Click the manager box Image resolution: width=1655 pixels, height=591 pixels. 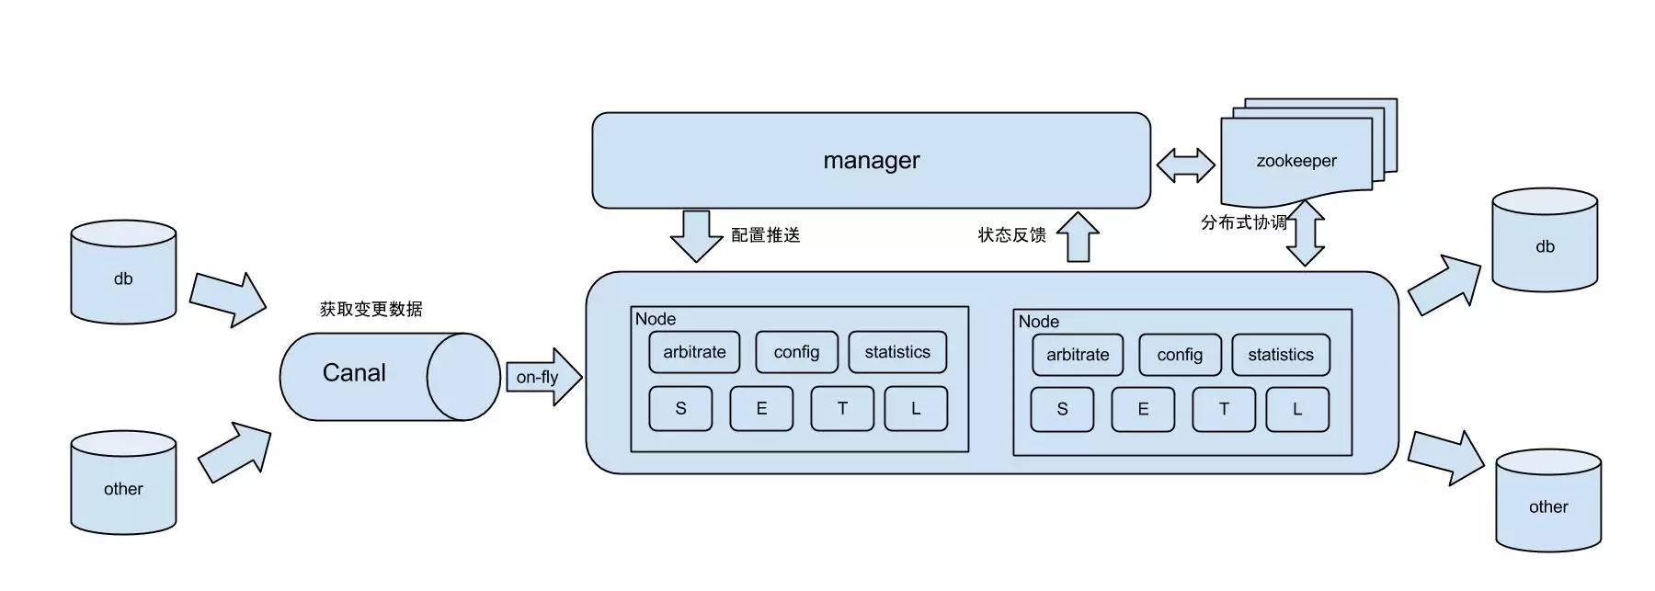tap(871, 161)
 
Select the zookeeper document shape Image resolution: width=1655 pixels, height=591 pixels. tap(1295, 162)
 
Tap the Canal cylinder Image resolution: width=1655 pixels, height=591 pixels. tap(368, 375)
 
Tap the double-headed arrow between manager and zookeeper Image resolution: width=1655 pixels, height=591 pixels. tap(1185, 165)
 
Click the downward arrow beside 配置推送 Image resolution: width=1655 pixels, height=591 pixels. tap(697, 235)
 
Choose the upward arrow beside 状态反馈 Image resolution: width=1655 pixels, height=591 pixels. tap(1078, 236)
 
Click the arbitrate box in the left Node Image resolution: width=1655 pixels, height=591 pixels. tap(694, 352)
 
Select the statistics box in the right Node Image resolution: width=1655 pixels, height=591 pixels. tap(1280, 355)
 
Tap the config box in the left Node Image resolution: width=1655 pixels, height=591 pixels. tap(796, 352)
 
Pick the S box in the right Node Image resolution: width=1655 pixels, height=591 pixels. tap(1062, 409)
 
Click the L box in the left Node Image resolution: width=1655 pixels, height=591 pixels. tap(916, 409)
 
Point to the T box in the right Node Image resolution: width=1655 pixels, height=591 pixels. tap(1224, 409)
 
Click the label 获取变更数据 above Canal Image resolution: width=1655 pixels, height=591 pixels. tap(371, 310)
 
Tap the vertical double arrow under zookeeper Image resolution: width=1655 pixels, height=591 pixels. tap(1305, 234)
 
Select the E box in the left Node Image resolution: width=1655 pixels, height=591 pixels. tap(761, 409)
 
